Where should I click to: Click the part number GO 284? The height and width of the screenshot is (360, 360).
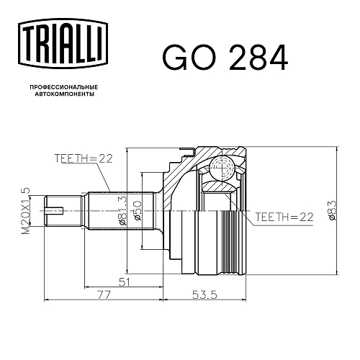click(x=225, y=58)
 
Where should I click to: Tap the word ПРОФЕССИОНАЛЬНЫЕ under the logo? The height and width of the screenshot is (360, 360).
click(x=64, y=87)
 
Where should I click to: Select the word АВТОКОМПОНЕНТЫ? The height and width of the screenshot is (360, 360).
click(x=65, y=94)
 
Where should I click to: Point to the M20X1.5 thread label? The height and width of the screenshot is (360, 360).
click(x=25, y=211)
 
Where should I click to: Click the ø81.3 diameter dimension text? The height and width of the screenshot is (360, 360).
click(x=122, y=212)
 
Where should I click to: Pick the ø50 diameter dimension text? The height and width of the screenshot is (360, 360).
click(x=137, y=211)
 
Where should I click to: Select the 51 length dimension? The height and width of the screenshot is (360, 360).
click(x=125, y=282)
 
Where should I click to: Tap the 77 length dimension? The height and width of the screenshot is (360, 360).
click(x=104, y=294)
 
